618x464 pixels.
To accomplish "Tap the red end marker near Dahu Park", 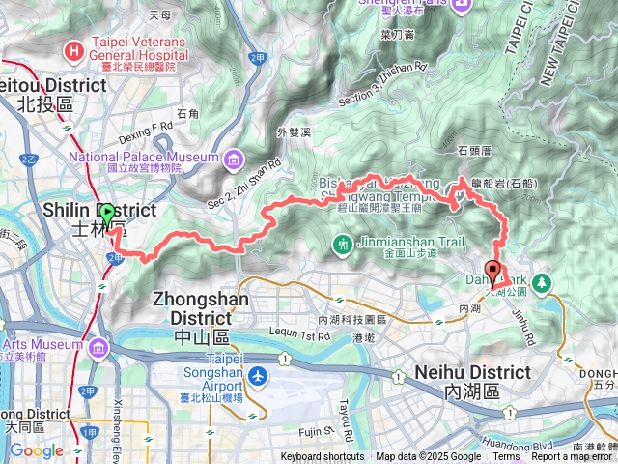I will (x=492, y=272).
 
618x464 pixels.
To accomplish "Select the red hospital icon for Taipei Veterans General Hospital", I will (x=74, y=50).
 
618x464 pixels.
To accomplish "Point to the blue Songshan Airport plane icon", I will (x=257, y=374).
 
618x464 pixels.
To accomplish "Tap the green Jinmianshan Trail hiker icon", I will (x=342, y=246).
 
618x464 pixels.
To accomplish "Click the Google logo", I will (x=36, y=450).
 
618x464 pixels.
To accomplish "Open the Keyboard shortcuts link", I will (x=323, y=457).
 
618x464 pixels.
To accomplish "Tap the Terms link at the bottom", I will (x=506, y=457).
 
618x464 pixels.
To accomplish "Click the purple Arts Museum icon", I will (x=97, y=347).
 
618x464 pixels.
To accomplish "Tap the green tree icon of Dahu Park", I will (x=543, y=282).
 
